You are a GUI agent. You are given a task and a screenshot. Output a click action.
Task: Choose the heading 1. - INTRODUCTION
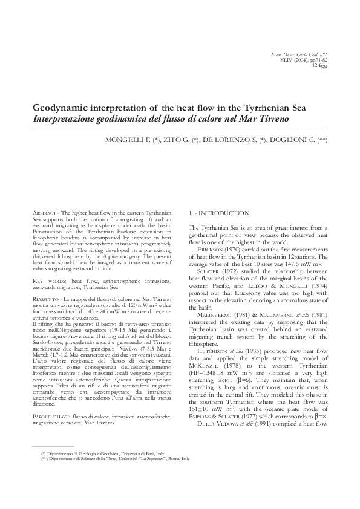click(x=218, y=213)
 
